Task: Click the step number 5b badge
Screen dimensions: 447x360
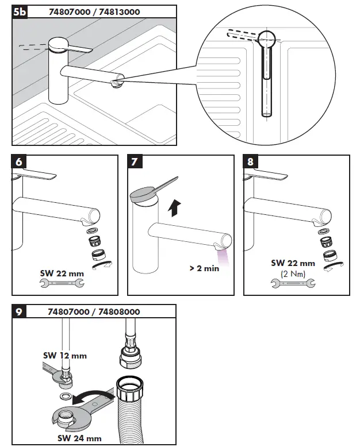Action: point(20,11)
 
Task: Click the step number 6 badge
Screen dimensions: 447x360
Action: point(18,162)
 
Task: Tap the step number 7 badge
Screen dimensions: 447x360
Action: point(135,162)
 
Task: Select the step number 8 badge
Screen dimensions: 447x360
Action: point(250,162)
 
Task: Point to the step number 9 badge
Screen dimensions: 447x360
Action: point(18,311)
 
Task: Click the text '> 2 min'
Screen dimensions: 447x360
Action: point(204,268)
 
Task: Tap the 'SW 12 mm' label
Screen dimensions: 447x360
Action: point(64,356)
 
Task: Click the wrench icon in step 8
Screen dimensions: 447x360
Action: point(293,283)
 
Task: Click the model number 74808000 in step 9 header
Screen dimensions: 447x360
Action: point(118,311)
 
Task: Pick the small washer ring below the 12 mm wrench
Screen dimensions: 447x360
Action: point(66,397)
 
